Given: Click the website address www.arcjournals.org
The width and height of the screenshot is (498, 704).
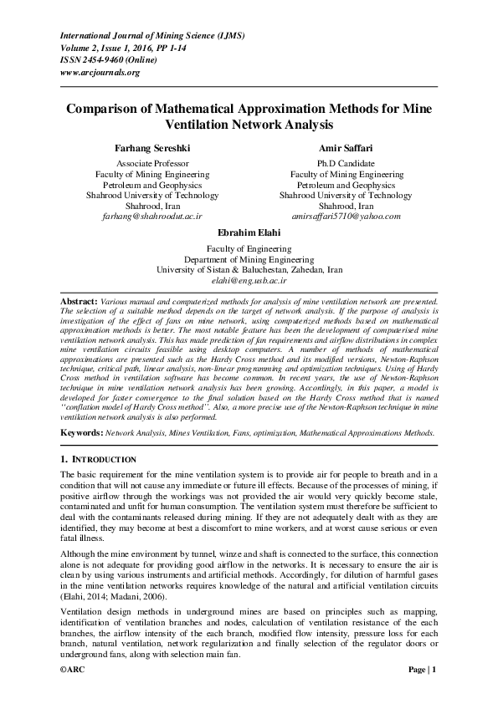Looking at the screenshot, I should pos(100,73).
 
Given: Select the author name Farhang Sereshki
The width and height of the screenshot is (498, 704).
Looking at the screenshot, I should pos(152,147).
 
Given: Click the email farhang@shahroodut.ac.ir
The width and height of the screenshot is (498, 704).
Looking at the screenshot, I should pos(152,216).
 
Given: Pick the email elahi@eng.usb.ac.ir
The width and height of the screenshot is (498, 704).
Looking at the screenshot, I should pos(249,283).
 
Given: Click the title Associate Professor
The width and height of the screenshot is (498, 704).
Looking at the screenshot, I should pos(152,163).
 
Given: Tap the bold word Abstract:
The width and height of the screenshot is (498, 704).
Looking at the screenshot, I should pos(80,299).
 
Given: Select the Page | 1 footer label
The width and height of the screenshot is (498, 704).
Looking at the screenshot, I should pos(423,693).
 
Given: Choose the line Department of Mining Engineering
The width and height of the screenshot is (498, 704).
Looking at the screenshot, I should pos(249,260).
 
